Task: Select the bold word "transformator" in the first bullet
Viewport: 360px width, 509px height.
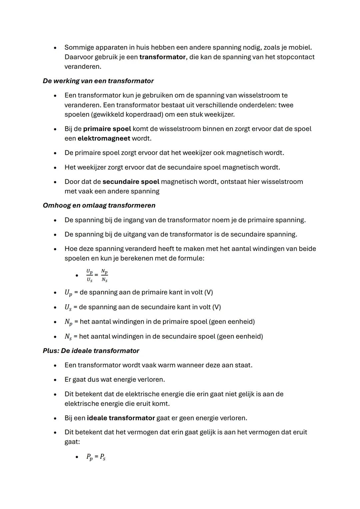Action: [162, 57]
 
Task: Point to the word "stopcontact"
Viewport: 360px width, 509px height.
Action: [295, 57]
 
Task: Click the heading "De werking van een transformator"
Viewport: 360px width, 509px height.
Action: [98, 81]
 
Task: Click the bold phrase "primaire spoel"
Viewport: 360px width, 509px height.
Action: [107, 129]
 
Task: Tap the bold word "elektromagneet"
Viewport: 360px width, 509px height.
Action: [104, 138]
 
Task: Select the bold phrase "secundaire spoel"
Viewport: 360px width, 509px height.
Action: [131, 182]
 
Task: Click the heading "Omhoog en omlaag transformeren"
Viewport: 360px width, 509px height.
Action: [99, 205]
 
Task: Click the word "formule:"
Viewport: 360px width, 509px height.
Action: [190, 258]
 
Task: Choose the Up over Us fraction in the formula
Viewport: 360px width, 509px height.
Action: [89, 276]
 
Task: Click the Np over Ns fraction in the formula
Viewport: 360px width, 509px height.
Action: [105, 276]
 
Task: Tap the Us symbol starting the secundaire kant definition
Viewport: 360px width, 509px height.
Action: [68, 307]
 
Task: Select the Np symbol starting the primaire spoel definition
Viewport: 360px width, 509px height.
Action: [68, 322]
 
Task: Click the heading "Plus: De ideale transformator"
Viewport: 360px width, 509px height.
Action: [91, 351]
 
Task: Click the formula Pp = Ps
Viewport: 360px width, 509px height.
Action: [96, 457]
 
